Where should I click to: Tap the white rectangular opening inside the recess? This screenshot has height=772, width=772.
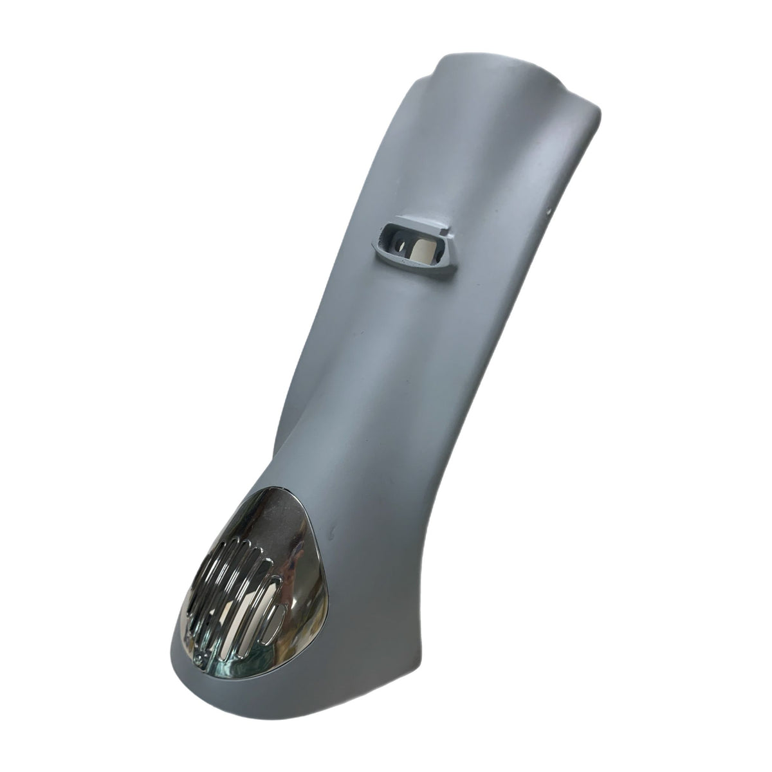click(x=425, y=248)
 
